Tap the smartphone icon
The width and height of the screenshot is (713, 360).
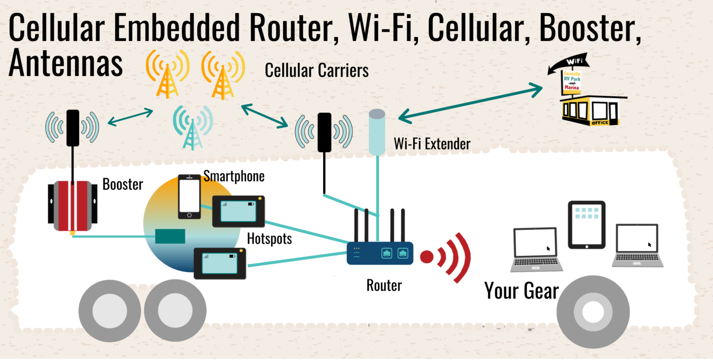pyautogui.click(x=189, y=196)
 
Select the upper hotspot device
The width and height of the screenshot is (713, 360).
pyautogui.click(x=238, y=211)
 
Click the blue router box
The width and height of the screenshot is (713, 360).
pyautogui.click(x=380, y=253)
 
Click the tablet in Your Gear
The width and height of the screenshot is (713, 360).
pyautogui.click(x=587, y=225)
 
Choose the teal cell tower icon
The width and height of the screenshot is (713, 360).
pyautogui.click(x=192, y=128)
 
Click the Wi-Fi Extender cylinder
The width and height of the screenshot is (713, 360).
pyautogui.click(x=377, y=132)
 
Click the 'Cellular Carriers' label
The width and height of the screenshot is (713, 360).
pyautogui.click(x=317, y=70)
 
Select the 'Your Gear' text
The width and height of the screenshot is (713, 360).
pyautogui.click(x=521, y=290)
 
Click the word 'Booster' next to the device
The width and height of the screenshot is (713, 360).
pyautogui.click(x=123, y=184)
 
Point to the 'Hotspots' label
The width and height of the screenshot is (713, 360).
pyautogui.click(x=269, y=239)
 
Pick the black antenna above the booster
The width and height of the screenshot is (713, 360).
pyautogui.click(x=73, y=128)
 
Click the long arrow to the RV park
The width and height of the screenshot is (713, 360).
pyautogui.click(x=471, y=103)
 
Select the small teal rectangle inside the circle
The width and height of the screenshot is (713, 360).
pyautogui.click(x=170, y=236)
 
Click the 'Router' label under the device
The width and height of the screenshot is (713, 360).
pyautogui.click(x=384, y=285)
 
